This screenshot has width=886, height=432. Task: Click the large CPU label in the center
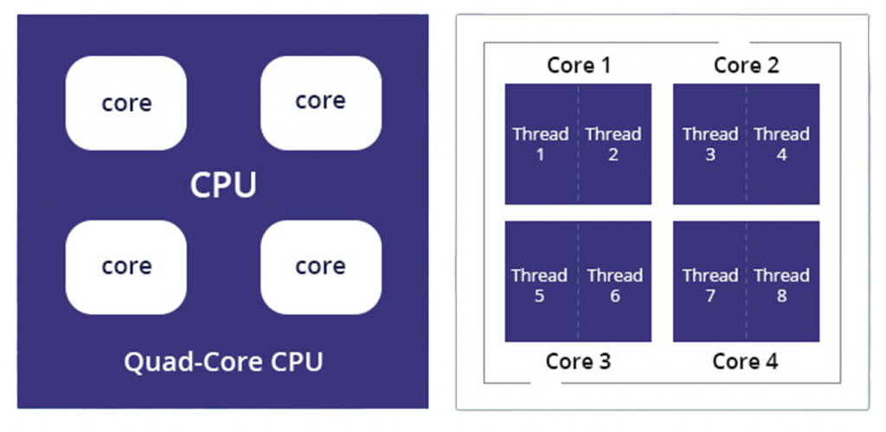coord(223,184)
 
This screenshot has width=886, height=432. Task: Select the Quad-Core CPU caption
coord(223,361)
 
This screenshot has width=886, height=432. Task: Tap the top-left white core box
coord(126,103)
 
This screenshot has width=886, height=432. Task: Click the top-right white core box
coord(320,101)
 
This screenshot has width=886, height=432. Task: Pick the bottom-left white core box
coord(126,267)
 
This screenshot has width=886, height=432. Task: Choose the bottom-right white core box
coord(320,267)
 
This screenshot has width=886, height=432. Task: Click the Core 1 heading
coord(579,65)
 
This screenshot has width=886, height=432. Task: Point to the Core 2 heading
coord(746,65)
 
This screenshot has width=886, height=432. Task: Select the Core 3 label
coord(578,361)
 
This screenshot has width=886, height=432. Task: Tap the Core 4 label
coord(745,361)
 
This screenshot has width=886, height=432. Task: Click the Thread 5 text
coord(539,286)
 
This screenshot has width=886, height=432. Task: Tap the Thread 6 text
coord(614,286)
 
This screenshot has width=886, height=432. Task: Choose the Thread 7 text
coord(709,286)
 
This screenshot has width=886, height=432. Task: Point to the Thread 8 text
coord(781,286)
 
